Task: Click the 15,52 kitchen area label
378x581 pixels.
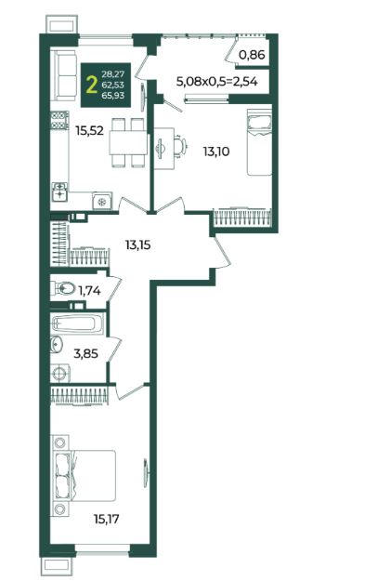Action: (x=89, y=131)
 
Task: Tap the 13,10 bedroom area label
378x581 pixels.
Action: (x=215, y=152)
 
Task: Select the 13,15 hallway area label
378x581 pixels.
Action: (x=137, y=244)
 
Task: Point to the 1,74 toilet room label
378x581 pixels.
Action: (x=89, y=291)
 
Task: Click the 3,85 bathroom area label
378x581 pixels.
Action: (x=85, y=354)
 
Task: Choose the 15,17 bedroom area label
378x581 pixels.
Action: (x=107, y=519)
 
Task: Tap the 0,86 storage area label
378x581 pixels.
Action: (x=252, y=55)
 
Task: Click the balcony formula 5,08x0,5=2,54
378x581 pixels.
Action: (x=217, y=82)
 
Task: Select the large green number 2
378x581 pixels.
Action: (x=91, y=86)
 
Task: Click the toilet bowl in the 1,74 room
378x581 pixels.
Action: (x=62, y=288)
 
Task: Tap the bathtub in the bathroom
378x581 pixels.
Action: (x=78, y=324)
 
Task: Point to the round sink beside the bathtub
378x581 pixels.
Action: (x=57, y=344)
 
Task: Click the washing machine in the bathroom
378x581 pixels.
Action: (x=60, y=373)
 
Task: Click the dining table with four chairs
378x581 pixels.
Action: (x=127, y=142)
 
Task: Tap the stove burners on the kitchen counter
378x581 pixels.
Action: (x=59, y=121)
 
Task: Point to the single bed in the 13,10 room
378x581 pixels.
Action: (x=259, y=142)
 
